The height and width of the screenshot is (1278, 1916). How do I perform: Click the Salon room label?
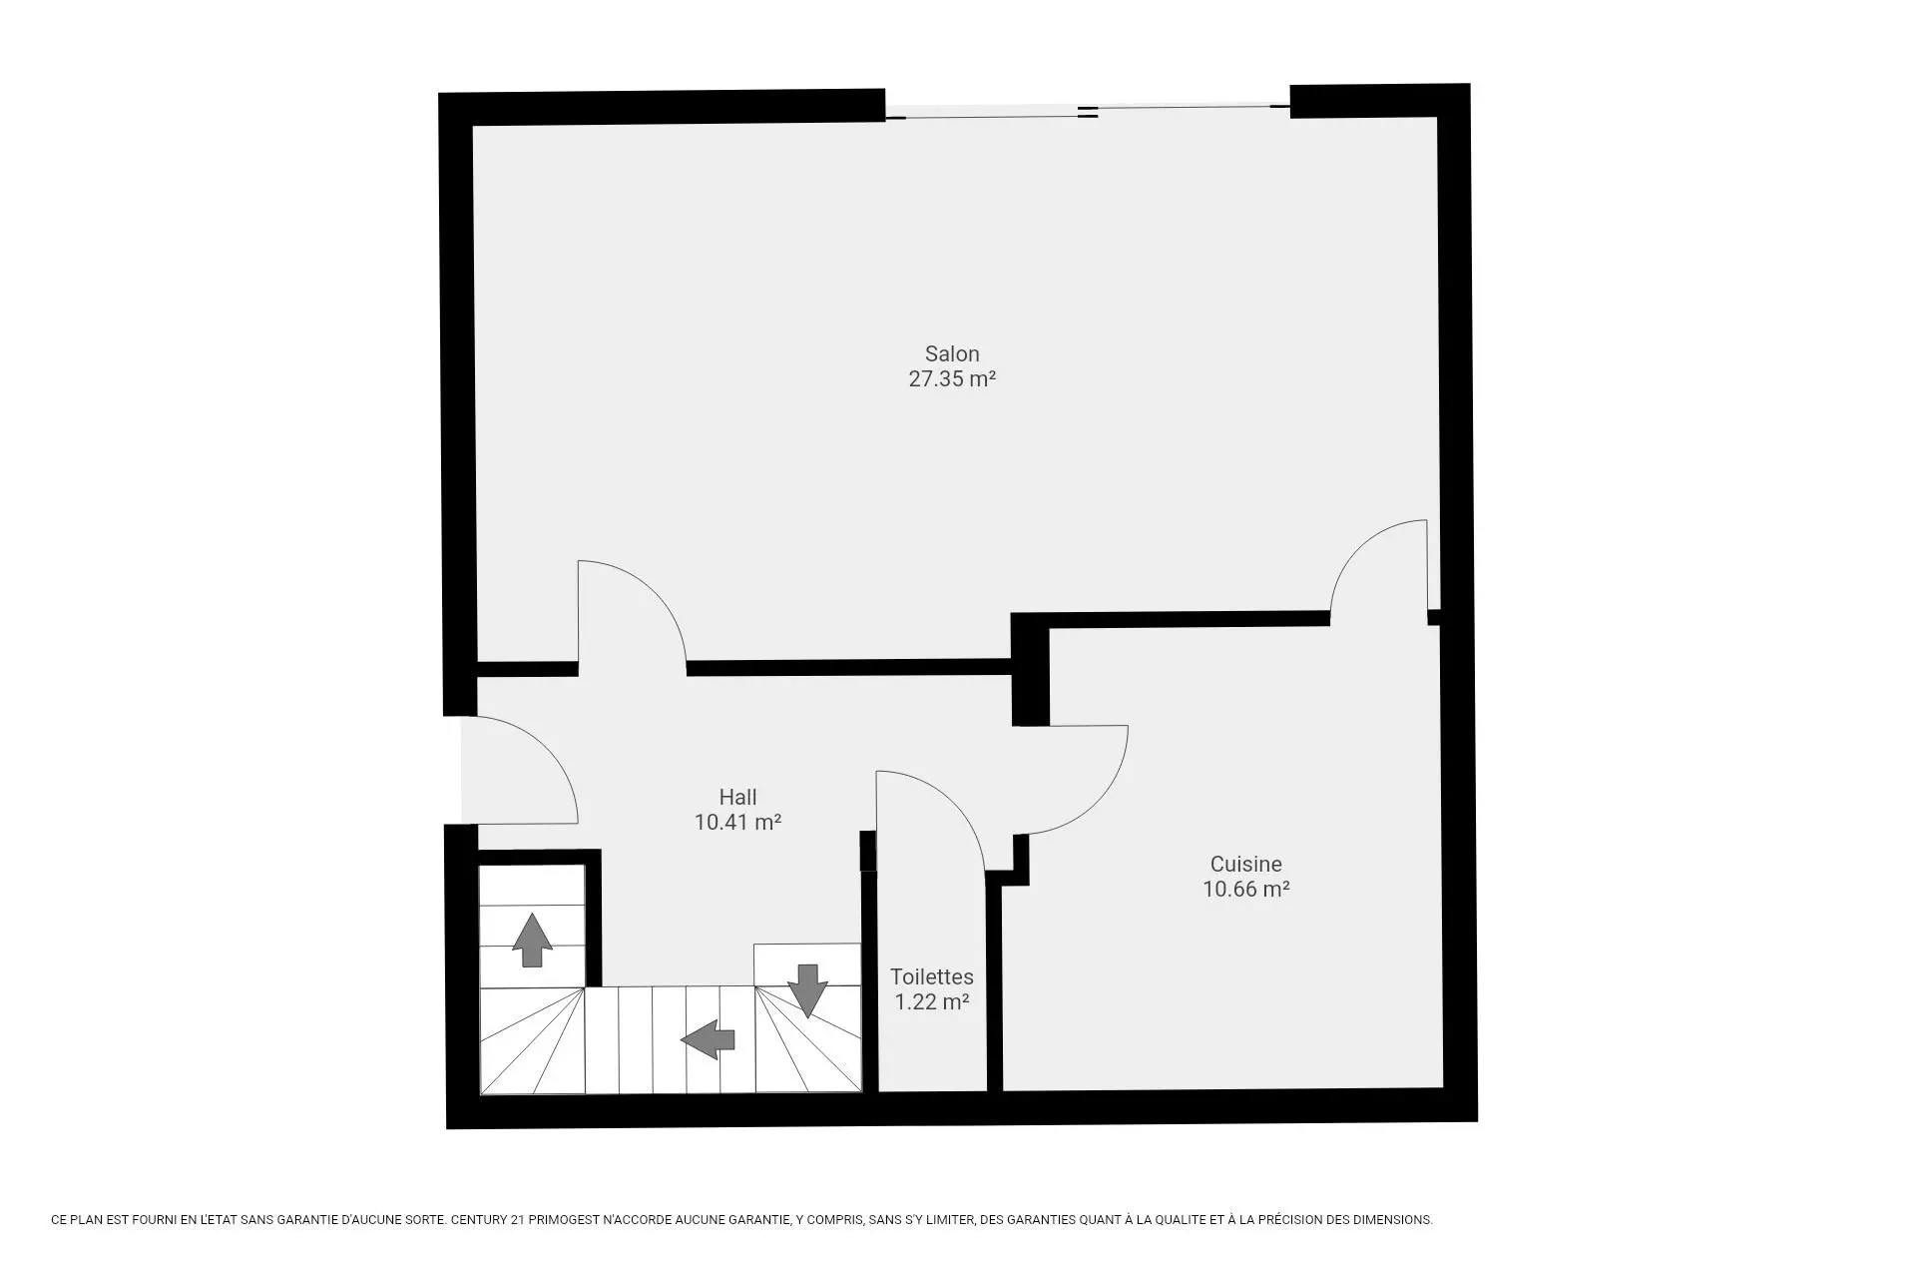click(x=952, y=353)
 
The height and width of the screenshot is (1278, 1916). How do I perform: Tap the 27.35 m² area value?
click(x=952, y=379)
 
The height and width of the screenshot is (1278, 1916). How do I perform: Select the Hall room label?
click(x=737, y=797)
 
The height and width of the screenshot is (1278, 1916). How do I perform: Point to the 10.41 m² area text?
click(x=737, y=823)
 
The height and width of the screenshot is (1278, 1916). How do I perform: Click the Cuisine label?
click(x=1245, y=864)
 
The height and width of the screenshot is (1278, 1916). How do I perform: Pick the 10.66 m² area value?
click(x=1245, y=890)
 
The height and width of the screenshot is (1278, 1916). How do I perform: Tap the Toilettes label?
click(x=932, y=976)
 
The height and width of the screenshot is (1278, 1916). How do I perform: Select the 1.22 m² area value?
click(x=932, y=1002)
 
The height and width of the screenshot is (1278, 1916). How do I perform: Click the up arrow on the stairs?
click(x=532, y=940)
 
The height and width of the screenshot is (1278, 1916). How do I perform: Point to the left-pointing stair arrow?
click(x=708, y=1039)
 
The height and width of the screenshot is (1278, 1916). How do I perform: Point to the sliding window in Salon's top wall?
click(x=1088, y=112)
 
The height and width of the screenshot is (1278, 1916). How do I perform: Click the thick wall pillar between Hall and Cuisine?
click(x=1030, y=669)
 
